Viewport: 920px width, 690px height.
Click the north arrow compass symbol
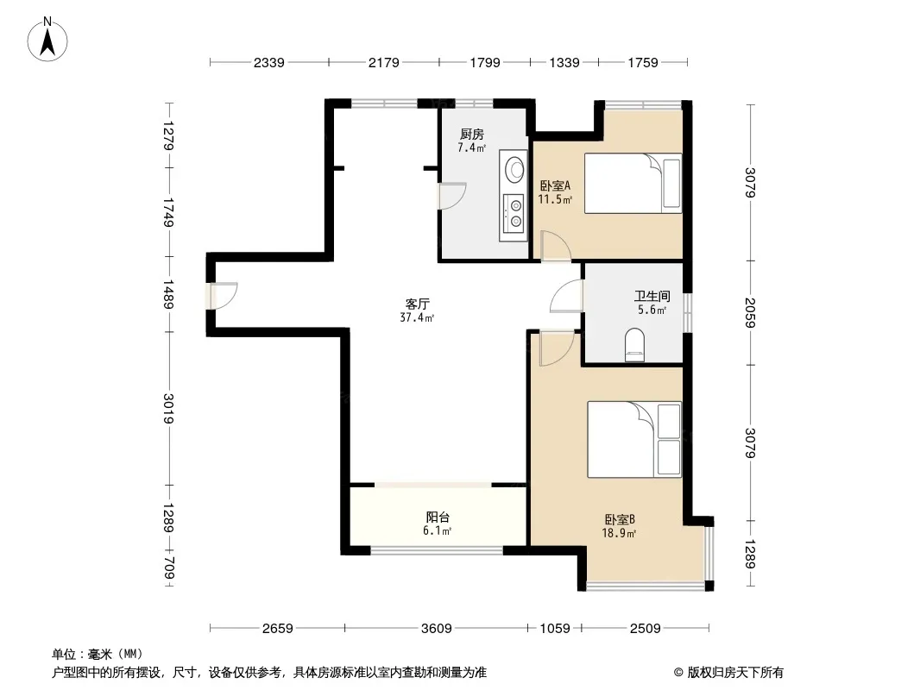click(47, 39)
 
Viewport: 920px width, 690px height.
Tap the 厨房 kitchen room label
click(472, 135)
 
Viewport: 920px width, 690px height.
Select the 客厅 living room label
click(417, 304)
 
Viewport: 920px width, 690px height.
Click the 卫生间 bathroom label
click(652, 296)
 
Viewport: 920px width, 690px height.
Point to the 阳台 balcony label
click(438, 517)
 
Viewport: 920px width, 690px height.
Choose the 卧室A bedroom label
click(555, 185)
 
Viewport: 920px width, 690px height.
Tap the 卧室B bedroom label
click(620, 519)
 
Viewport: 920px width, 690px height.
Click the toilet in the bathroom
click(634, 345)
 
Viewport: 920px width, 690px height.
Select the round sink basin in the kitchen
click(516, 169)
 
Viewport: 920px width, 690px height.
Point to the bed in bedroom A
click(633, 183)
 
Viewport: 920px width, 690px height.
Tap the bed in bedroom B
click(634, 439)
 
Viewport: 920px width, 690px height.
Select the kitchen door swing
click(452, 196)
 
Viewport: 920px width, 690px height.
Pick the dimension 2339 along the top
click(268, 62)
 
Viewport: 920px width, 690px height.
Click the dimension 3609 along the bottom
click(437, 629)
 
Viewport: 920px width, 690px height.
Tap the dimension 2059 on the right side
click(750, 312)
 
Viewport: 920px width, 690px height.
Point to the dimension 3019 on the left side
click(168, 409)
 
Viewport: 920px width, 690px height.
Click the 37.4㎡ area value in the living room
click(417, 317)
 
